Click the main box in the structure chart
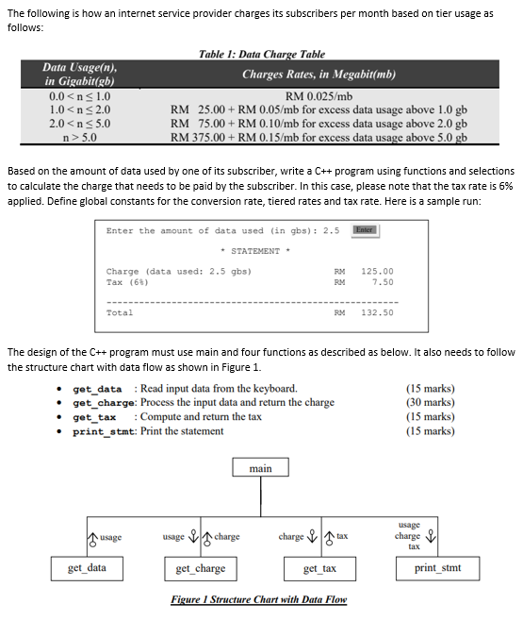point(261,468)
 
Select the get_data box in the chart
point(87,568)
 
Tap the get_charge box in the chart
point(201,568)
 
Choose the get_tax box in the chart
point(319,568)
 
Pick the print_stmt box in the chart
point(437,568)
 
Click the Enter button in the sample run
point(365,229)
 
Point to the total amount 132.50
point(377,312)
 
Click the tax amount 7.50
point(383,282)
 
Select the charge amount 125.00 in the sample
point(377,271)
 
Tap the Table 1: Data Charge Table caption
point(262,55)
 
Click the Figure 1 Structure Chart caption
point(258,600)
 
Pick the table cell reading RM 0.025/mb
point(319,96)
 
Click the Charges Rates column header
point(319,74)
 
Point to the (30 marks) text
point(429,403)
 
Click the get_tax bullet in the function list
point(94,417)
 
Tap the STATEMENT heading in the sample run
point(255,251)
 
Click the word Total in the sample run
point(120,312)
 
